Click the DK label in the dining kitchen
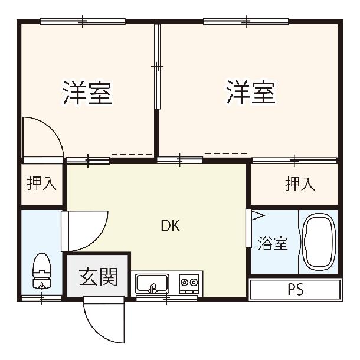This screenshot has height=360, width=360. tap(171, 225)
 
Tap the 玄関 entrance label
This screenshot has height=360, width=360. tap(99, 277)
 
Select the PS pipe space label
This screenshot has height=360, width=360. tap(296, 289)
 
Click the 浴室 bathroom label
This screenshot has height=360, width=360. tap(273, 243)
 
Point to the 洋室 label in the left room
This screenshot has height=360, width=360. tap(87, 93)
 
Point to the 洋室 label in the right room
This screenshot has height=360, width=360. tap(251, 92)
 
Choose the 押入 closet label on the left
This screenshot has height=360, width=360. tap(42, 183)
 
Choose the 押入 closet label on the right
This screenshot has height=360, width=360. tap(300, 184)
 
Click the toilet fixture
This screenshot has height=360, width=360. tap(41, 271)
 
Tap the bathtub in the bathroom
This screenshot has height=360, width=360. tap(319, 242)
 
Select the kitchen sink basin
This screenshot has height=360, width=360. tap(152, 283)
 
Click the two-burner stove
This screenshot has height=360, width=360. tap(189, 283)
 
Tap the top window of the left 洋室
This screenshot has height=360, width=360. tap(83, 22)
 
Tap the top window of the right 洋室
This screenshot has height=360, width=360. tap(246, 22)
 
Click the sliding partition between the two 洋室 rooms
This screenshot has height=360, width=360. tap(157, 67)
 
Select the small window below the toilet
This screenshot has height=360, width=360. tap(41, 299)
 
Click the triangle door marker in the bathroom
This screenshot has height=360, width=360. tap(257, 216)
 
